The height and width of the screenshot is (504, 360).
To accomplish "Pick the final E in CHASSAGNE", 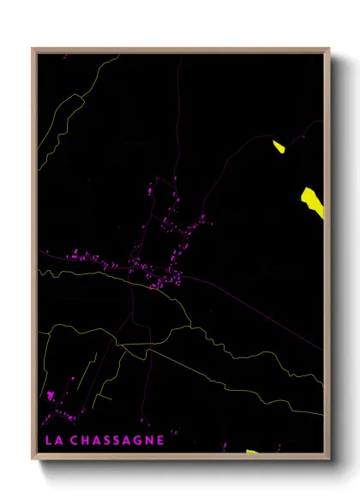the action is pyautogui.click(x=159, y=441).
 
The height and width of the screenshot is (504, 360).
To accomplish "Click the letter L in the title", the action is pyautogui.click(x=47, y=441).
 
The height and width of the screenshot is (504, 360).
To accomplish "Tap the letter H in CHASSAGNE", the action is pyautogui.click(x=86, y=441).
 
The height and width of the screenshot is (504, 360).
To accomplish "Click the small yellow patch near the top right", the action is pyautogui.click(x=279, y=147).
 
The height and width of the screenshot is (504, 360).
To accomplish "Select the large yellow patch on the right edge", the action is pyautogui.click(x=312, y=201).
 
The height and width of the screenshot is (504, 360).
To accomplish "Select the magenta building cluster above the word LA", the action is pyautogui.click(x=51, y=396).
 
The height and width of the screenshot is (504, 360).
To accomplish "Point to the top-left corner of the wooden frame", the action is pyautogui.click(x=32, y=48).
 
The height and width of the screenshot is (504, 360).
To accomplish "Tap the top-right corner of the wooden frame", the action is pyautogui.click(x=330, y=48).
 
